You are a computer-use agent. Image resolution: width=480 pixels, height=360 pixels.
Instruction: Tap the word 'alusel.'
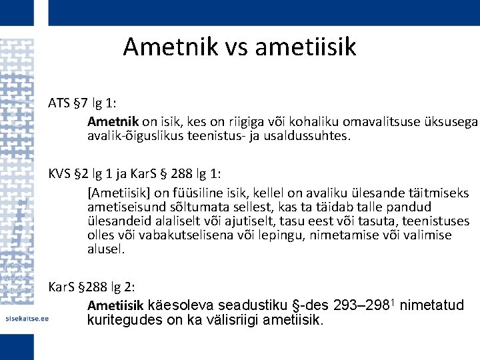(106, 249)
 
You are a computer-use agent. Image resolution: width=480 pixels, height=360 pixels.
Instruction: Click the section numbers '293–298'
(349, 306)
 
